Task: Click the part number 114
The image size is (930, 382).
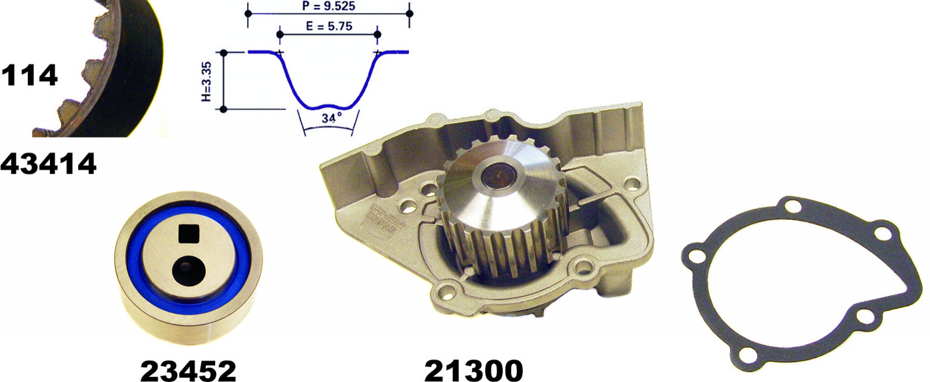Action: pyautogui.click(x=29, y=75)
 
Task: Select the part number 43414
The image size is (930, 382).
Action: pyautogui.click(x=48, y=164)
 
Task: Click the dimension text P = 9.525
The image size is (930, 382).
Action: pyautogui.click(x=329, y=6)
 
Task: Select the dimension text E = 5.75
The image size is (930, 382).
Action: pyautogui.click(x=329, y=26)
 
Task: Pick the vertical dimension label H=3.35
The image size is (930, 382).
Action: pyautogui.click(x=207, y=81)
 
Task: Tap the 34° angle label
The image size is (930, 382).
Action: pyautogui.click(x=332, y=118)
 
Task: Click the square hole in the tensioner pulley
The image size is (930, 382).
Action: pyautogui.click(x=189, y=233)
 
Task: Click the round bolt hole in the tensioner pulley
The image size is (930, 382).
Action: pyautogui.click(x=189, y=271)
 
